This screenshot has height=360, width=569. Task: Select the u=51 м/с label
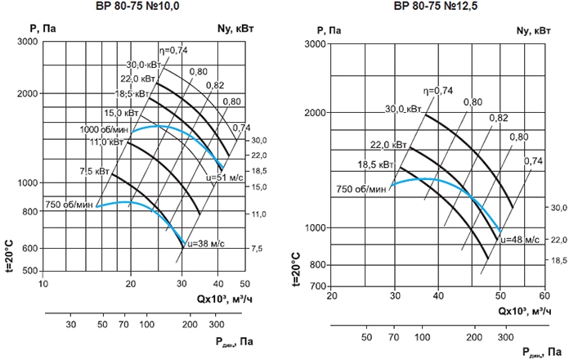coord(222,177)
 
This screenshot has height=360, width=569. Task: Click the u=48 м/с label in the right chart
coord(520,240)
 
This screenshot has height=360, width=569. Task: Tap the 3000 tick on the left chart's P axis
coord(30,40)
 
